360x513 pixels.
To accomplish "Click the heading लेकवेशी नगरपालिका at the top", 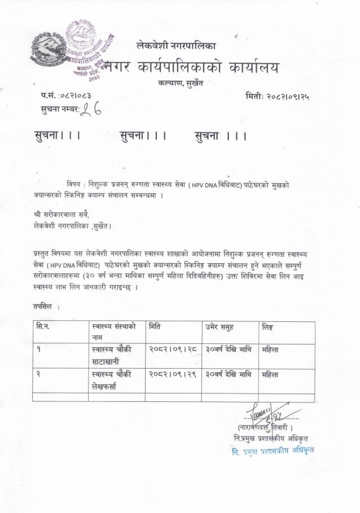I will pos(176,45).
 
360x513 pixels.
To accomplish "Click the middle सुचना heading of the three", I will pos(143,135).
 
